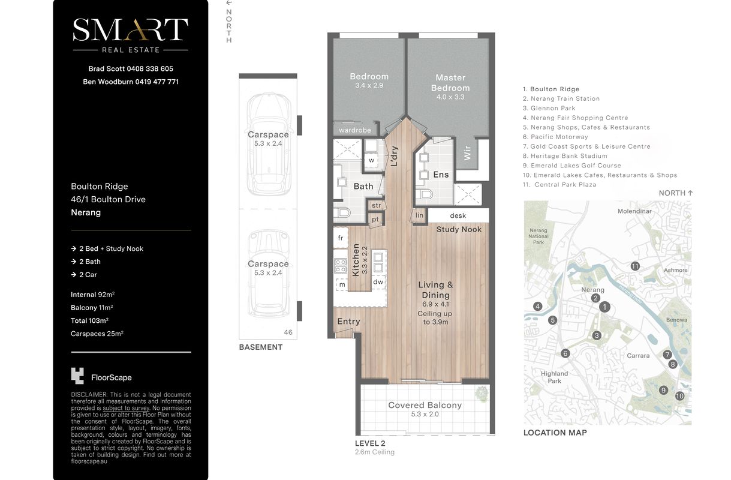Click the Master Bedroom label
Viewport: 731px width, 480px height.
coord(450,83)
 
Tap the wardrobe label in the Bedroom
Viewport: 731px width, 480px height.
coord(355,130)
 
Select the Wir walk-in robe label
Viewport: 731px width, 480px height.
coord(467,152)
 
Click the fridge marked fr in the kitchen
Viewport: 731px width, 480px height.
coord(341,238)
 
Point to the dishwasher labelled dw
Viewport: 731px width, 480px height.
coord(378,282)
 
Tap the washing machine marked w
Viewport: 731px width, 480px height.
coord(371,160)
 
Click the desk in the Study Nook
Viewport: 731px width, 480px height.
coord(458,215)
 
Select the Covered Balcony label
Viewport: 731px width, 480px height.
coord(425,405)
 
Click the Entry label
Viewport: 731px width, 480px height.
coord(348,322)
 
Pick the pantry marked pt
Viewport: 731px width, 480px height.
coord(375,219)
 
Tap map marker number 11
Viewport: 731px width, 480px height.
coord(634,266)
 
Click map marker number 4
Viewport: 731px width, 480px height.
coord(537,306)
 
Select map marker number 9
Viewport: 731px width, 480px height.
coord(663,390)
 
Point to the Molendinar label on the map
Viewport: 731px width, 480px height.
coord(634,211)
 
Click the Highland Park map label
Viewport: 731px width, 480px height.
coord(555,377)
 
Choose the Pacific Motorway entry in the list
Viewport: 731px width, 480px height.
coord(555,137)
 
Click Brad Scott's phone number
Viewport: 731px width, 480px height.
coord(150,68)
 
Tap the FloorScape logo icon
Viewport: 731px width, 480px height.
coord(77,376)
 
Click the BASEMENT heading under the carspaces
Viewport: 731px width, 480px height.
coord(261,347)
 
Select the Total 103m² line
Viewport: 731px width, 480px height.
coord(89,320)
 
